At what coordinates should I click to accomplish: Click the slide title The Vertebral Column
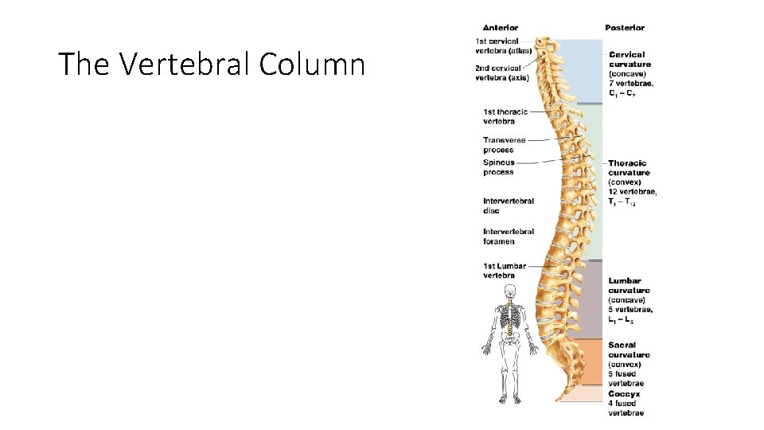[212, 64]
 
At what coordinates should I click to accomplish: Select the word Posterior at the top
[625, 28]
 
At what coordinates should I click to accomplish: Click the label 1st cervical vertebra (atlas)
[504, 46]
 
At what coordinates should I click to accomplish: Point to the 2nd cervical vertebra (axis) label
[502, 72]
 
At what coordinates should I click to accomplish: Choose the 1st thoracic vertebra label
[505, 116]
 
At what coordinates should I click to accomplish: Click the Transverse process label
[504, 145]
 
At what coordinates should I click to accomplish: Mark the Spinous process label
[499, 167]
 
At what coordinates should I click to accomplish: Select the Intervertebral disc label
[508, 205]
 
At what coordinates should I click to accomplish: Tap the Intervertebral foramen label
[508, 236]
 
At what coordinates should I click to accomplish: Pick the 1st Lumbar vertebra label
[504, 271]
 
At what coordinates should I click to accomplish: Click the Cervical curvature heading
[630, 60]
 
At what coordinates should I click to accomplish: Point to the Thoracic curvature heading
[629, 168]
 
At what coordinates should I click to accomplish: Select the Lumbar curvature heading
[629, 286]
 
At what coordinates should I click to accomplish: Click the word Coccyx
[624, 393]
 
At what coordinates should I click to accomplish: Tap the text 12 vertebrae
[633, 192]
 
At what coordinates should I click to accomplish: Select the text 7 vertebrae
[631, 84]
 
